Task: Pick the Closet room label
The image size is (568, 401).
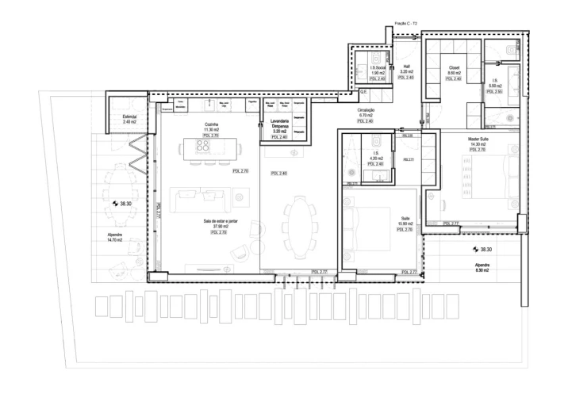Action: (x=454, y=68)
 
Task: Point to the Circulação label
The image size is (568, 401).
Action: (x=365, y=111)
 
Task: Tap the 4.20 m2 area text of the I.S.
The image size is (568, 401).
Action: (x=376, y=158)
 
